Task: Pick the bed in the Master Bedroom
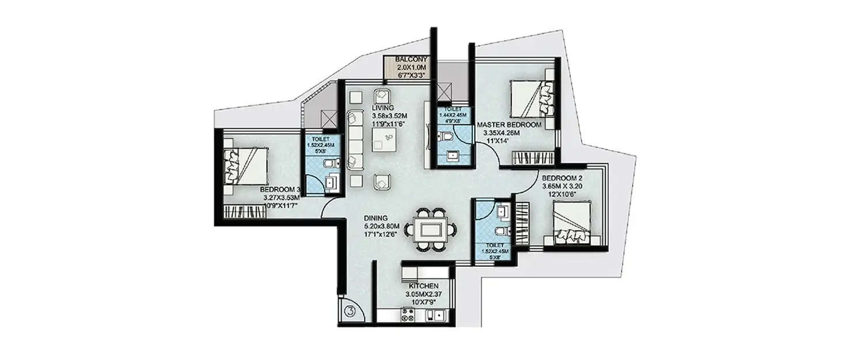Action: point(532,98)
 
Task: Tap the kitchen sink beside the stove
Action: point(438,315)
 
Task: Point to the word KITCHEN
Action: point(425,286)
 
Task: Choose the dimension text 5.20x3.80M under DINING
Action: point(381,226)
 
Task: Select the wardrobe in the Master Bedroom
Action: point(532,157)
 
